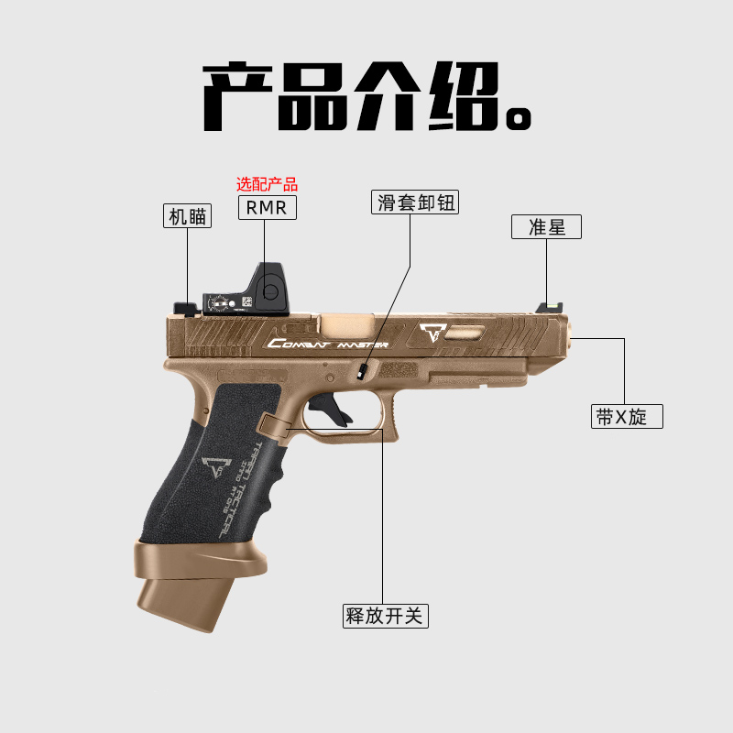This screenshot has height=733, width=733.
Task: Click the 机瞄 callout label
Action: (x=188, y=216)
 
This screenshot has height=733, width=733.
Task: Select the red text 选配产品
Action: (x=268, y=184)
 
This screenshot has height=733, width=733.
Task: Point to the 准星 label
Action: (x=547, y=227)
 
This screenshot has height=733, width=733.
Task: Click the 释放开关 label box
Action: (x=386, y=616)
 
